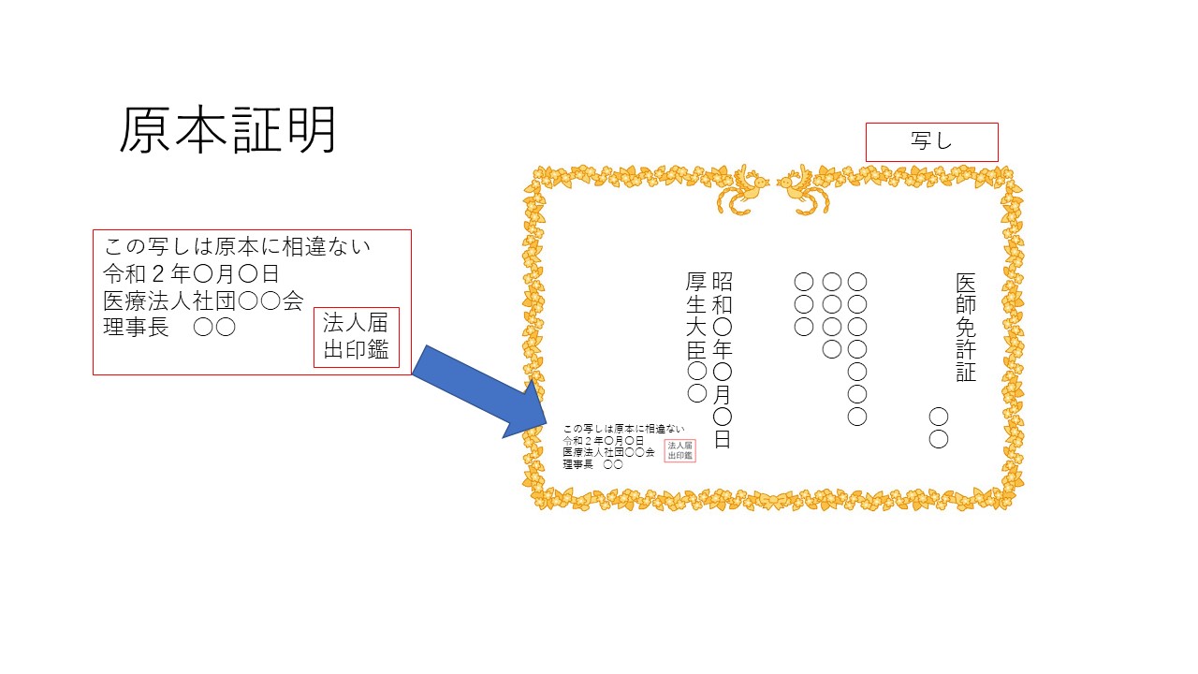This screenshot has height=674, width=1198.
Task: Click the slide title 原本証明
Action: coord(227,130)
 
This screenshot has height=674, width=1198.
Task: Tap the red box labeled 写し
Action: coord(931,142)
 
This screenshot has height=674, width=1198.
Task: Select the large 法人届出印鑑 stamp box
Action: coord(357,337)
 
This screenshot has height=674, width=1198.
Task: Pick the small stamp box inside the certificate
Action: coord(679,450)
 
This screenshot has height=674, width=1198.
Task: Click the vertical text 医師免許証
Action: coord(966,328)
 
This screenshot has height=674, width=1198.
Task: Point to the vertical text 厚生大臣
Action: coord(696,315)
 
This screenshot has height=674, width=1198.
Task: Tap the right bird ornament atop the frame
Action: coord(803,189)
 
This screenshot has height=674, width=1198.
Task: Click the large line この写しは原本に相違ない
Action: coord(237,246)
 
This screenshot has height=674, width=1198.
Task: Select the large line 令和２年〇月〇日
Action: coord(191,274)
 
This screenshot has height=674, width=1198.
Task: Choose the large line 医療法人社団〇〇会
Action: coord(203,301)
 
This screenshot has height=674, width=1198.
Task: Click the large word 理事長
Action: coord(136,328)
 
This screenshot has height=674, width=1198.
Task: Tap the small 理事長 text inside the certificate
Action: coord(577,464)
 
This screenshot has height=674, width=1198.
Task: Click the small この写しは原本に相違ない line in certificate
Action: coord(623,429)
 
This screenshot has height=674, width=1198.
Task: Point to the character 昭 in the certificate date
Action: coord(722,282)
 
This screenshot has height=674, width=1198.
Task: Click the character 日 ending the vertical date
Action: coord(722,439)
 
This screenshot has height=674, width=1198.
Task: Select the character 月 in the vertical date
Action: coord(722,395)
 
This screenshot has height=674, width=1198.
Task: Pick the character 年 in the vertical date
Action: coord(722,350)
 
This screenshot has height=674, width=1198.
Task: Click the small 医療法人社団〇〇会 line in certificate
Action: coord(608,452)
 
